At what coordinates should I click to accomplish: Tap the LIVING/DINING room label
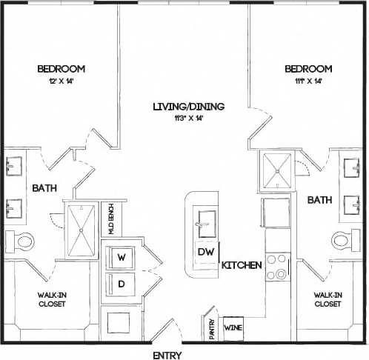click(x=188, y=107)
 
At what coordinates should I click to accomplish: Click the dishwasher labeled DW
click(x=205, y=252)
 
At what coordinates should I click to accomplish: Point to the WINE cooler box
click(x=233, y=327)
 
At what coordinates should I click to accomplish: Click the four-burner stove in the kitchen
click(x=277, y=267)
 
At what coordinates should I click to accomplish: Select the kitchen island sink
click(x=205, y=219)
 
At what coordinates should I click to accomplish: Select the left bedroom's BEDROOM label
click(x=61, y=70)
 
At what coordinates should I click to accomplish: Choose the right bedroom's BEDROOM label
click(x=308, y=70)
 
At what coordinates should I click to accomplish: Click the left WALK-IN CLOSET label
click(x=52, y=299)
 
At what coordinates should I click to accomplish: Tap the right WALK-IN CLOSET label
click(x=328, y=299)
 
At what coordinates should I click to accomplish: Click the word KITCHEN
click(x=242, y=265)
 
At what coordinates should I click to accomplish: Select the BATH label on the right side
click(x=319, y=200)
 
